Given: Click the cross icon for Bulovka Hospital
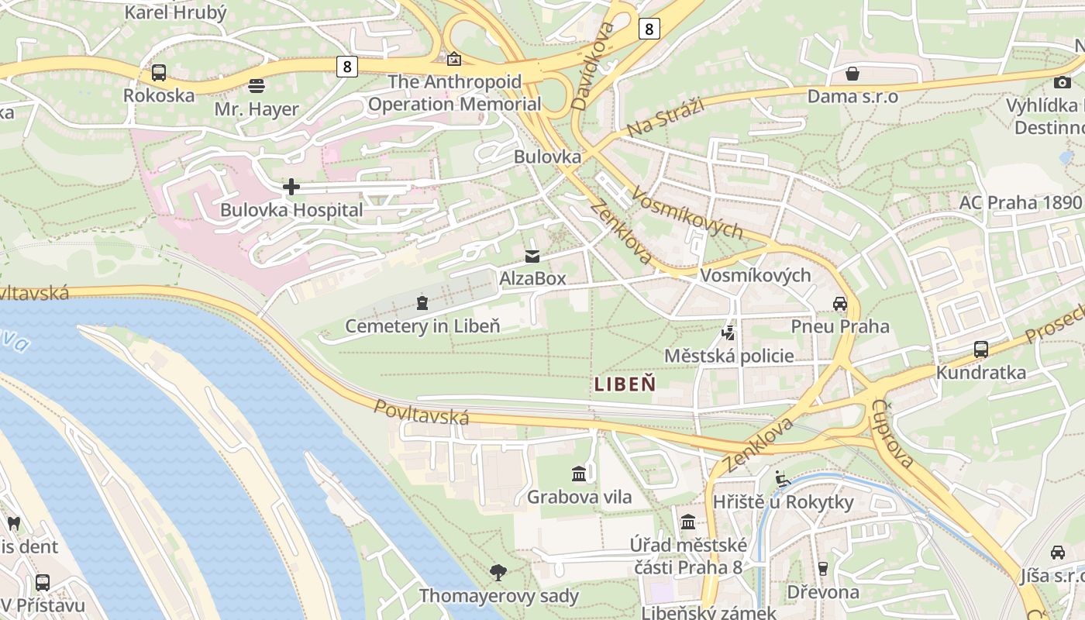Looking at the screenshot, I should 291,187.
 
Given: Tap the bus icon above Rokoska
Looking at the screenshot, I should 158,73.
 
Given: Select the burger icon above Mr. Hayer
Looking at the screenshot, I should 257,85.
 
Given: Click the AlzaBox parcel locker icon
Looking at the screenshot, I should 532,256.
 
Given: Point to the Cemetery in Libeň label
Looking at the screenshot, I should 422,326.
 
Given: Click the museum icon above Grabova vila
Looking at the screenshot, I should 579,474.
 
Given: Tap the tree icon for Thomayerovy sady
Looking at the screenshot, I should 498,573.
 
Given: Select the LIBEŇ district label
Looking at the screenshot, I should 625,384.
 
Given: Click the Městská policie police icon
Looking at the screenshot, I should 728,333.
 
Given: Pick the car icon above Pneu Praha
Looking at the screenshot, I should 840,303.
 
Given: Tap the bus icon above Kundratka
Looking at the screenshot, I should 981,350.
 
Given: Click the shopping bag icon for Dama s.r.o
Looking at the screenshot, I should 852,74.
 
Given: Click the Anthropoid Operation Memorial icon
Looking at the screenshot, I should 453,59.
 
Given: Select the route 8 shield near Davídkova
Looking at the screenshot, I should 649,29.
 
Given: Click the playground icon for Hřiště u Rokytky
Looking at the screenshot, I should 783,479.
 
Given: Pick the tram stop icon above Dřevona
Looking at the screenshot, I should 822,569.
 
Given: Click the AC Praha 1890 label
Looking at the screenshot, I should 1019,203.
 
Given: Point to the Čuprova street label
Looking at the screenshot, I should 892,433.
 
